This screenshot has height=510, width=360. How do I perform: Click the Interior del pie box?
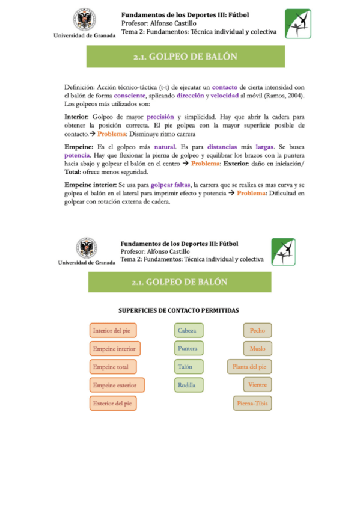tap(113, 330)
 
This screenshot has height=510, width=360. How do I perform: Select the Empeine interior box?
tap(114, 348)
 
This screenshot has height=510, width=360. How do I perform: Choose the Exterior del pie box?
tap(114, 403)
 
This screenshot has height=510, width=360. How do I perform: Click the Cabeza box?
tap(189, 330)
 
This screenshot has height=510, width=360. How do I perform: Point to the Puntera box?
tap(189, 348)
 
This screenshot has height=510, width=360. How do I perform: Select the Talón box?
tap(189, 366)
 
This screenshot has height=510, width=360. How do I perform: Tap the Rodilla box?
tap(189, 385)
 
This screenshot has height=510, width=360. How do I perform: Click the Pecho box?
tap(258, 330)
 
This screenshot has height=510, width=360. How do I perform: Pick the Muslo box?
tap(258, 348)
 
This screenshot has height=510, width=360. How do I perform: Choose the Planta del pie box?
tap(249, 366)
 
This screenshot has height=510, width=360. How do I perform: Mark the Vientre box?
tap(258, 384)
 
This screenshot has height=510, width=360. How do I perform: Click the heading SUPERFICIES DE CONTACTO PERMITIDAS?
tap(179, 310)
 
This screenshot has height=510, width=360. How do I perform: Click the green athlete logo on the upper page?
tap(297, 23)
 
